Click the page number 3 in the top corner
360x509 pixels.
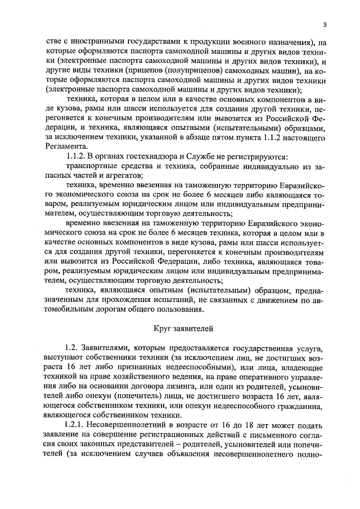click(x=325, y=24)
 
